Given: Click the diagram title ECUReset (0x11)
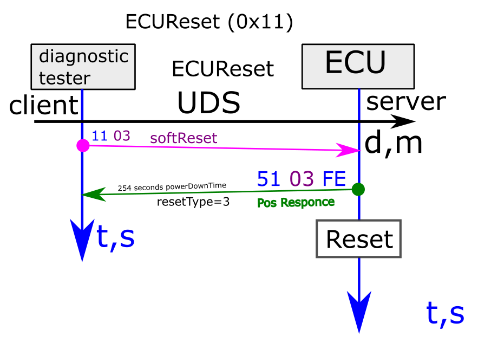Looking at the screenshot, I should [209, 22].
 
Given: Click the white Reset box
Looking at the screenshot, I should [358, 239].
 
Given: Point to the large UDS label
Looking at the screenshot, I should [208, 102].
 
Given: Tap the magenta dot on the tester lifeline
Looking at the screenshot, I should [83, 145].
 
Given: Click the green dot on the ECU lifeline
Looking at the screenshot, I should [358, 190].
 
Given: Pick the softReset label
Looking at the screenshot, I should [184, 138].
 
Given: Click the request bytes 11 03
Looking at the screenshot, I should [111, 135].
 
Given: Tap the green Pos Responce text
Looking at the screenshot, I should [296, 202].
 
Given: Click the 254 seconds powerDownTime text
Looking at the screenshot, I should [172, 186].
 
